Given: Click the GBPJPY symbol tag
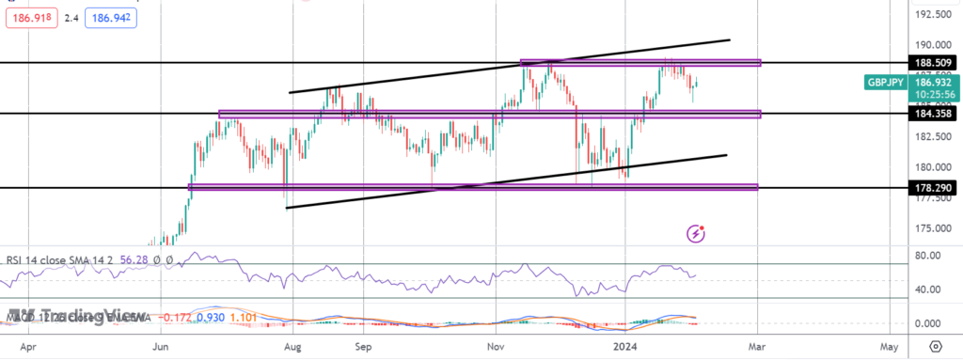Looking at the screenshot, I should [886, 82].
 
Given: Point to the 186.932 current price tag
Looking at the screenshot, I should [926, 82].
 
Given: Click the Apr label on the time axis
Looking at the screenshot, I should [28, 346].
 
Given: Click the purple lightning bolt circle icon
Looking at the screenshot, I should [696, 232].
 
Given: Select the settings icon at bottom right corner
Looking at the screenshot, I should [936, 346].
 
